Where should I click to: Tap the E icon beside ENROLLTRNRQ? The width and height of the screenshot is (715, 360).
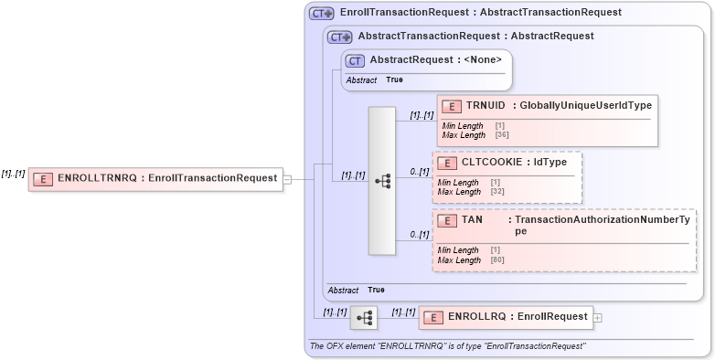tap(43, 179)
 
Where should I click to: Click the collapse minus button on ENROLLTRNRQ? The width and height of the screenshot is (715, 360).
tap(287, 179)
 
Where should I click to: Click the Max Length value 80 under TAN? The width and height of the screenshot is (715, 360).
tap(497, 260)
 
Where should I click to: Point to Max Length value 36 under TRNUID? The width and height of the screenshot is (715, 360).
tap(502, 135)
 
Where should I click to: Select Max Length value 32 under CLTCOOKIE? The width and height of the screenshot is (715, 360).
tap(497, 192)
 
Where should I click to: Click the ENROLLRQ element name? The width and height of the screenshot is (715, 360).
tap(471, 316)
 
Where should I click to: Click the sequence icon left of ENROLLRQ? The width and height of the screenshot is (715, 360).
tap(364, 318)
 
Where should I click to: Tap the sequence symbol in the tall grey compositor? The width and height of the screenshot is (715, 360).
tap(382, 181)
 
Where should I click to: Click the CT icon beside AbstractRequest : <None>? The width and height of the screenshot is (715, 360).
tap(355, 60)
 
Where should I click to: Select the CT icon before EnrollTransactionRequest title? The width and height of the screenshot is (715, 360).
tap(321, 14)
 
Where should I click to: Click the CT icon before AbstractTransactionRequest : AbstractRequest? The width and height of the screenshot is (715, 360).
tap(340, 37)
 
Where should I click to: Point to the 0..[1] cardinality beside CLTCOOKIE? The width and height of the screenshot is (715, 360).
tap(419, 171)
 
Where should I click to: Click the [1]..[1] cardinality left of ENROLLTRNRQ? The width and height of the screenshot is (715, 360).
tap(13, 174)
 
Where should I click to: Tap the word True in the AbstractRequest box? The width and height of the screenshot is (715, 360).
tap(394, 79)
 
